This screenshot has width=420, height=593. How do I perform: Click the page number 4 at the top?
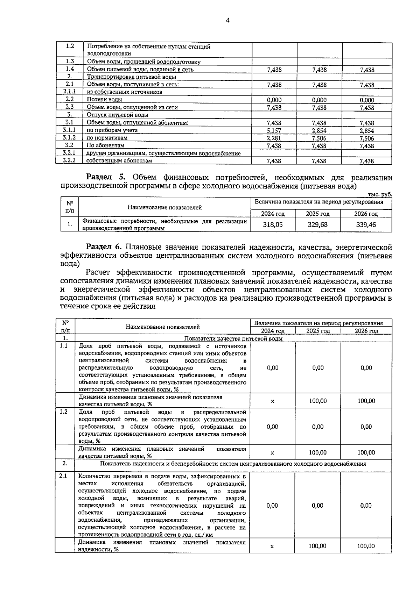pos(227,20)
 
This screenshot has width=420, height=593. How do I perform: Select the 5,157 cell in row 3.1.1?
pos(274,130)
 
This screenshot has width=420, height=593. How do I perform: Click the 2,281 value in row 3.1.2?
pos(274,138)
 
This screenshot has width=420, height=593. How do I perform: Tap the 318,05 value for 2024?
pos(273,225)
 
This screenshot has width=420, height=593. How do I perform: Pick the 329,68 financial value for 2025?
pos(317,225)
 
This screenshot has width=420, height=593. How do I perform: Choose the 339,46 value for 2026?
pos(366,225)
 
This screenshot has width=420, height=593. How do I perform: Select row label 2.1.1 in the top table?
pos(69,92)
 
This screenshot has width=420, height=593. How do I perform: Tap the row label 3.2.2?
pos(69,160)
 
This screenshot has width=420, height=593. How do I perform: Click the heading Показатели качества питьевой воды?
pos(233,338)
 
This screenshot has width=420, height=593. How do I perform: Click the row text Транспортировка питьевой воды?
pos(131,77)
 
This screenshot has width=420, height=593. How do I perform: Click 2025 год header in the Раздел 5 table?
pos(317,214)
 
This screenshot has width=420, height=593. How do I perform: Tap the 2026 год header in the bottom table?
pos(366,331)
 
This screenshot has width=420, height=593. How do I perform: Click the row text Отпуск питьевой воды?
pos(118,115)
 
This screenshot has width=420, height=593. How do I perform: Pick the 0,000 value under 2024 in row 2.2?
pos(274,100)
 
